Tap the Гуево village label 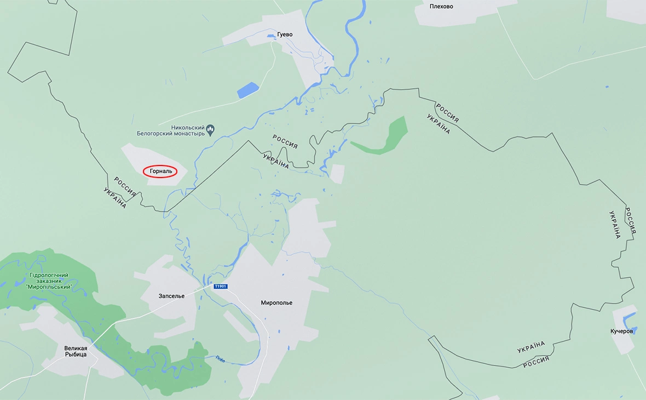coord(285,35)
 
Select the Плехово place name coord(441,7)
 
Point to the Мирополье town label coord(276,302)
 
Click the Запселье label coord(171,296)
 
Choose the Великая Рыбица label coord(76,351)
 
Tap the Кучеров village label coord(622,332)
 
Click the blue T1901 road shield coord(220,287)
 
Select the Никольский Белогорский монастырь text coord(171,130)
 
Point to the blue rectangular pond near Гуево coord(247,90)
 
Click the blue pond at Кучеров coord(630,318)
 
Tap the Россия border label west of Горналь coord(125,186)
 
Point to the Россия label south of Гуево coord(285,142)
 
